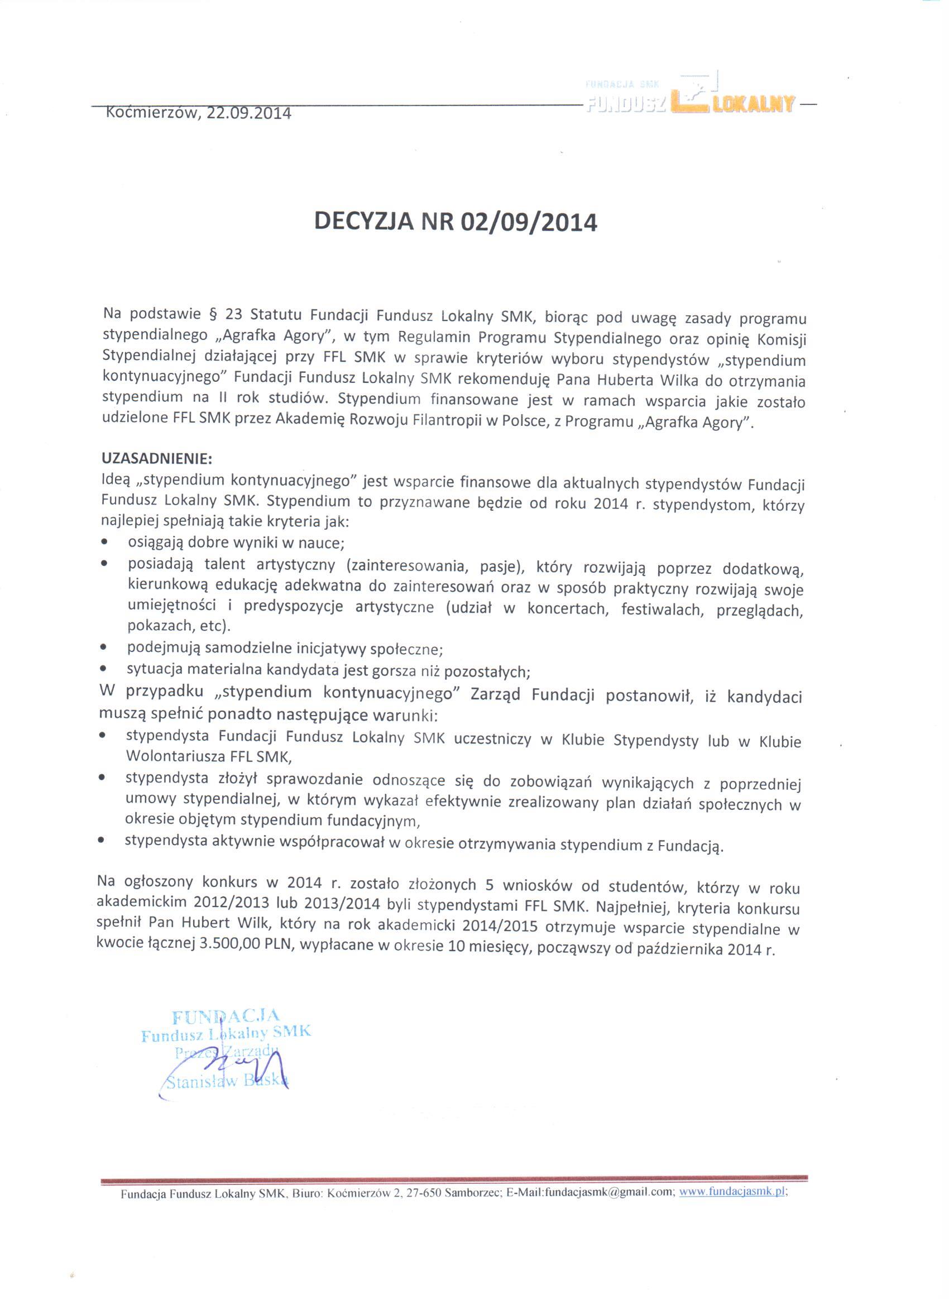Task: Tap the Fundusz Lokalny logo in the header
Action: (690, 98)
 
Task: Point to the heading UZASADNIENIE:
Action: (157, 459)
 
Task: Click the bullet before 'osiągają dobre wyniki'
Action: (104, 542)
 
